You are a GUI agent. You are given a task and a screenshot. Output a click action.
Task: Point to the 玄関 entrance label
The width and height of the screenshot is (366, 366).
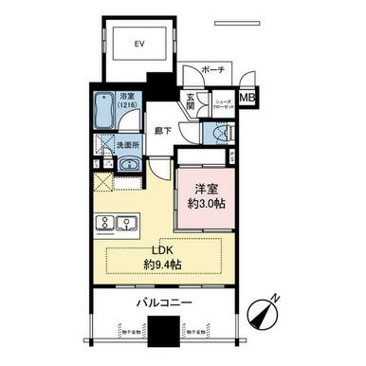[190, 101]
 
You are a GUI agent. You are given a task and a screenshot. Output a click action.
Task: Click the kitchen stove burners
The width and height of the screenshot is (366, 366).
[102, 224]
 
